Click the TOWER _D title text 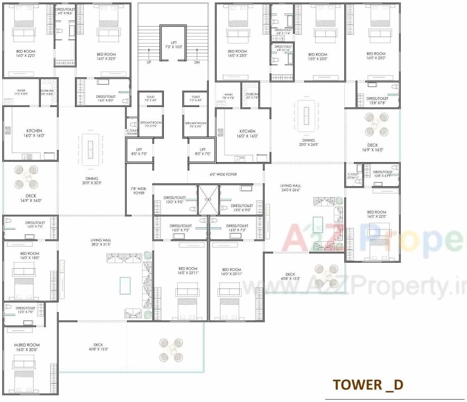pyautogui.click(x=368, y=384)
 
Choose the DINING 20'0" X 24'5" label pyautogui.click(x=308, y=143)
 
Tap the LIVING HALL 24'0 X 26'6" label pyautogui.click(x=290, y=188)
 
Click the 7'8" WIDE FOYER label pyautogui.click(x=139, y=191)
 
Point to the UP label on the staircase pyautogui.click(x=149, y=62)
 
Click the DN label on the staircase pyautogui.click(x=197, y=62)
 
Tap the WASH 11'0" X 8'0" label pyautogui.click(x=21, y=92)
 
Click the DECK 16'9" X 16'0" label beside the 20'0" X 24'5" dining pyautogui.click(x=373, y=148)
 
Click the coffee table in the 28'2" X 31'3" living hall pyautogui.click(x=125, y=285)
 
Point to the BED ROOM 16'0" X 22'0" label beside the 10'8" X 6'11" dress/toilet pyautogui.click(x=377, y=214)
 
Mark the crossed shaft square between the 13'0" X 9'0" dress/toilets pyautogui.click(x=208, y=200)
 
